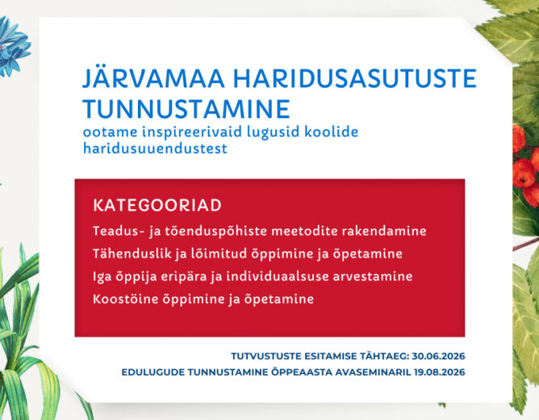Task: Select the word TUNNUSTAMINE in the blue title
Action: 186,108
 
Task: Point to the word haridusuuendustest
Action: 155,149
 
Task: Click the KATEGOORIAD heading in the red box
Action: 157,204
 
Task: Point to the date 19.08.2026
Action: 439,373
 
